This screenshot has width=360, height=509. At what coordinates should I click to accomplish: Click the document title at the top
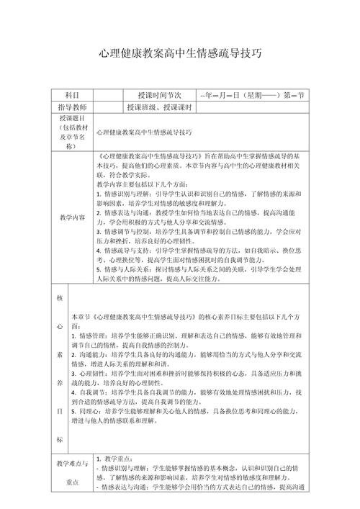pos(180,54)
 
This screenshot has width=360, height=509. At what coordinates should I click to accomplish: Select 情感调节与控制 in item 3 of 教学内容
pos(125,232)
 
